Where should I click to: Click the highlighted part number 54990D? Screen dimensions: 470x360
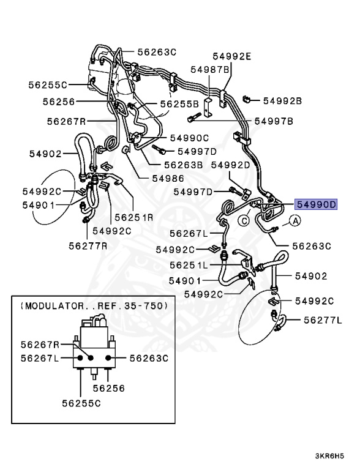317,205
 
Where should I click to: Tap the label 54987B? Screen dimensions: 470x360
209,70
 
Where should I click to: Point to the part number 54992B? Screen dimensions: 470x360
283,100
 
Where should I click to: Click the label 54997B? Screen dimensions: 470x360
275,121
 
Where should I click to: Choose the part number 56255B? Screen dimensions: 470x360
180,105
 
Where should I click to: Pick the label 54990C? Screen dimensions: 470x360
189,138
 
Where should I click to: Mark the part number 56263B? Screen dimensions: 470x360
183,165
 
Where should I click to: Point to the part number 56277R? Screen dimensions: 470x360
88,245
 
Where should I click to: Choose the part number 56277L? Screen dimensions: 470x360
322,319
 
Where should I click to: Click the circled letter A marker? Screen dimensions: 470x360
294,221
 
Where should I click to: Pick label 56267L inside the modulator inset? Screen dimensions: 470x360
38,359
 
